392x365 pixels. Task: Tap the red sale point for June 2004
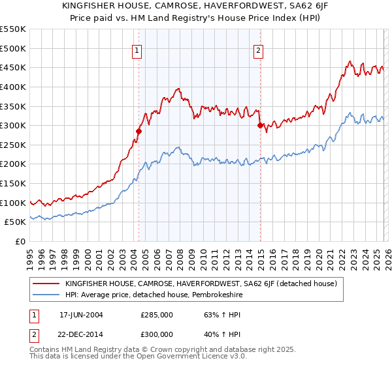(139, 131)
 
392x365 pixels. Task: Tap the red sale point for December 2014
(260, 125)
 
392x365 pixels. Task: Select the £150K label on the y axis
(13, 183)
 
